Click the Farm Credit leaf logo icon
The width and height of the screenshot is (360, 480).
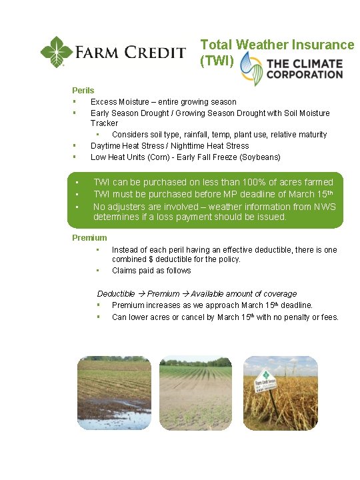pos(56,52)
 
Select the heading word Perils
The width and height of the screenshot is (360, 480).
pos(83,90)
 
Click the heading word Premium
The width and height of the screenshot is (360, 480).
pos(89,238)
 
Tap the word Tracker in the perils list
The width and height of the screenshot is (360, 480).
pos(104,123)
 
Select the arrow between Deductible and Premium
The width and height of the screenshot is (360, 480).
pos(141,294)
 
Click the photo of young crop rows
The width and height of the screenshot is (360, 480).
pos(195,393)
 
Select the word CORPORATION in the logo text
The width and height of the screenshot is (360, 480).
pos(305,75)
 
